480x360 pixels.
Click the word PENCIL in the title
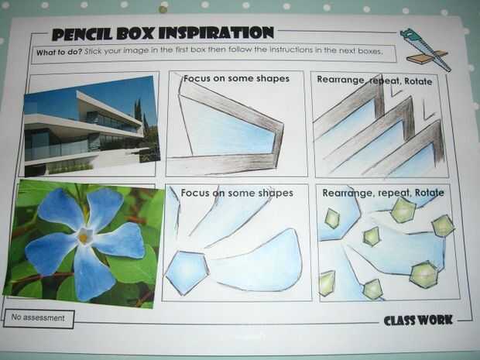click(83, 34)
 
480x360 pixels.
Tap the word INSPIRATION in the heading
click(216, 33)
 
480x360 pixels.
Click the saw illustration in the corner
click(427, 50)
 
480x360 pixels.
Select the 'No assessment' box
click(39, 318)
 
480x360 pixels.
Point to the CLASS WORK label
click(418, 321)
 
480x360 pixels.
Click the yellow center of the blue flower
click(84, 236)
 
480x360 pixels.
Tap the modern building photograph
click(92, 126)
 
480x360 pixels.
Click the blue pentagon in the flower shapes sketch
click(187, 272)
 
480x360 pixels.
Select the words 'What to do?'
click(59, 52)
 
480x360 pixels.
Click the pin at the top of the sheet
click(163, 9)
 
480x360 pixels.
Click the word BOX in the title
click(135, 33)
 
